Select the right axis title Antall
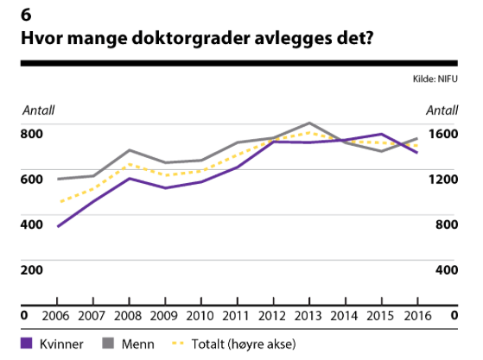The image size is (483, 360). pyautogui.click(x=442, y=110)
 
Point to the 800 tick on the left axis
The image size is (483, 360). pyautogui.click(x=32, y=133)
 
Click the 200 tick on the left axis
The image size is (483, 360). pyautogui.click(x=32, y=269)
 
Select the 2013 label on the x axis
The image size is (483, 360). pyautogui.click(x=308, y=315)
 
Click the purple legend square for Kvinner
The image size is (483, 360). pyautogui.click(x=26, y=344)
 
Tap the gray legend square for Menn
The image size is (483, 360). pyautogui.click(x=110, y=344)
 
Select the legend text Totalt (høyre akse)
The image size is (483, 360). pyautogui.click(x=242, y=344)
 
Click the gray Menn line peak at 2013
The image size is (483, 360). pyautogui.click(x=308, y=123)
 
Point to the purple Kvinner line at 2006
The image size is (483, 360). pyautogui.click(x=59, y=226)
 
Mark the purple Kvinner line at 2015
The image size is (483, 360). pyautogui.click(x=380, y=135)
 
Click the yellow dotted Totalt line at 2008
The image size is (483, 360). pyautogui.click(x=130, y=164)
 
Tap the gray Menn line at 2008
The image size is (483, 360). pyautogui.click(x=130, y=150)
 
